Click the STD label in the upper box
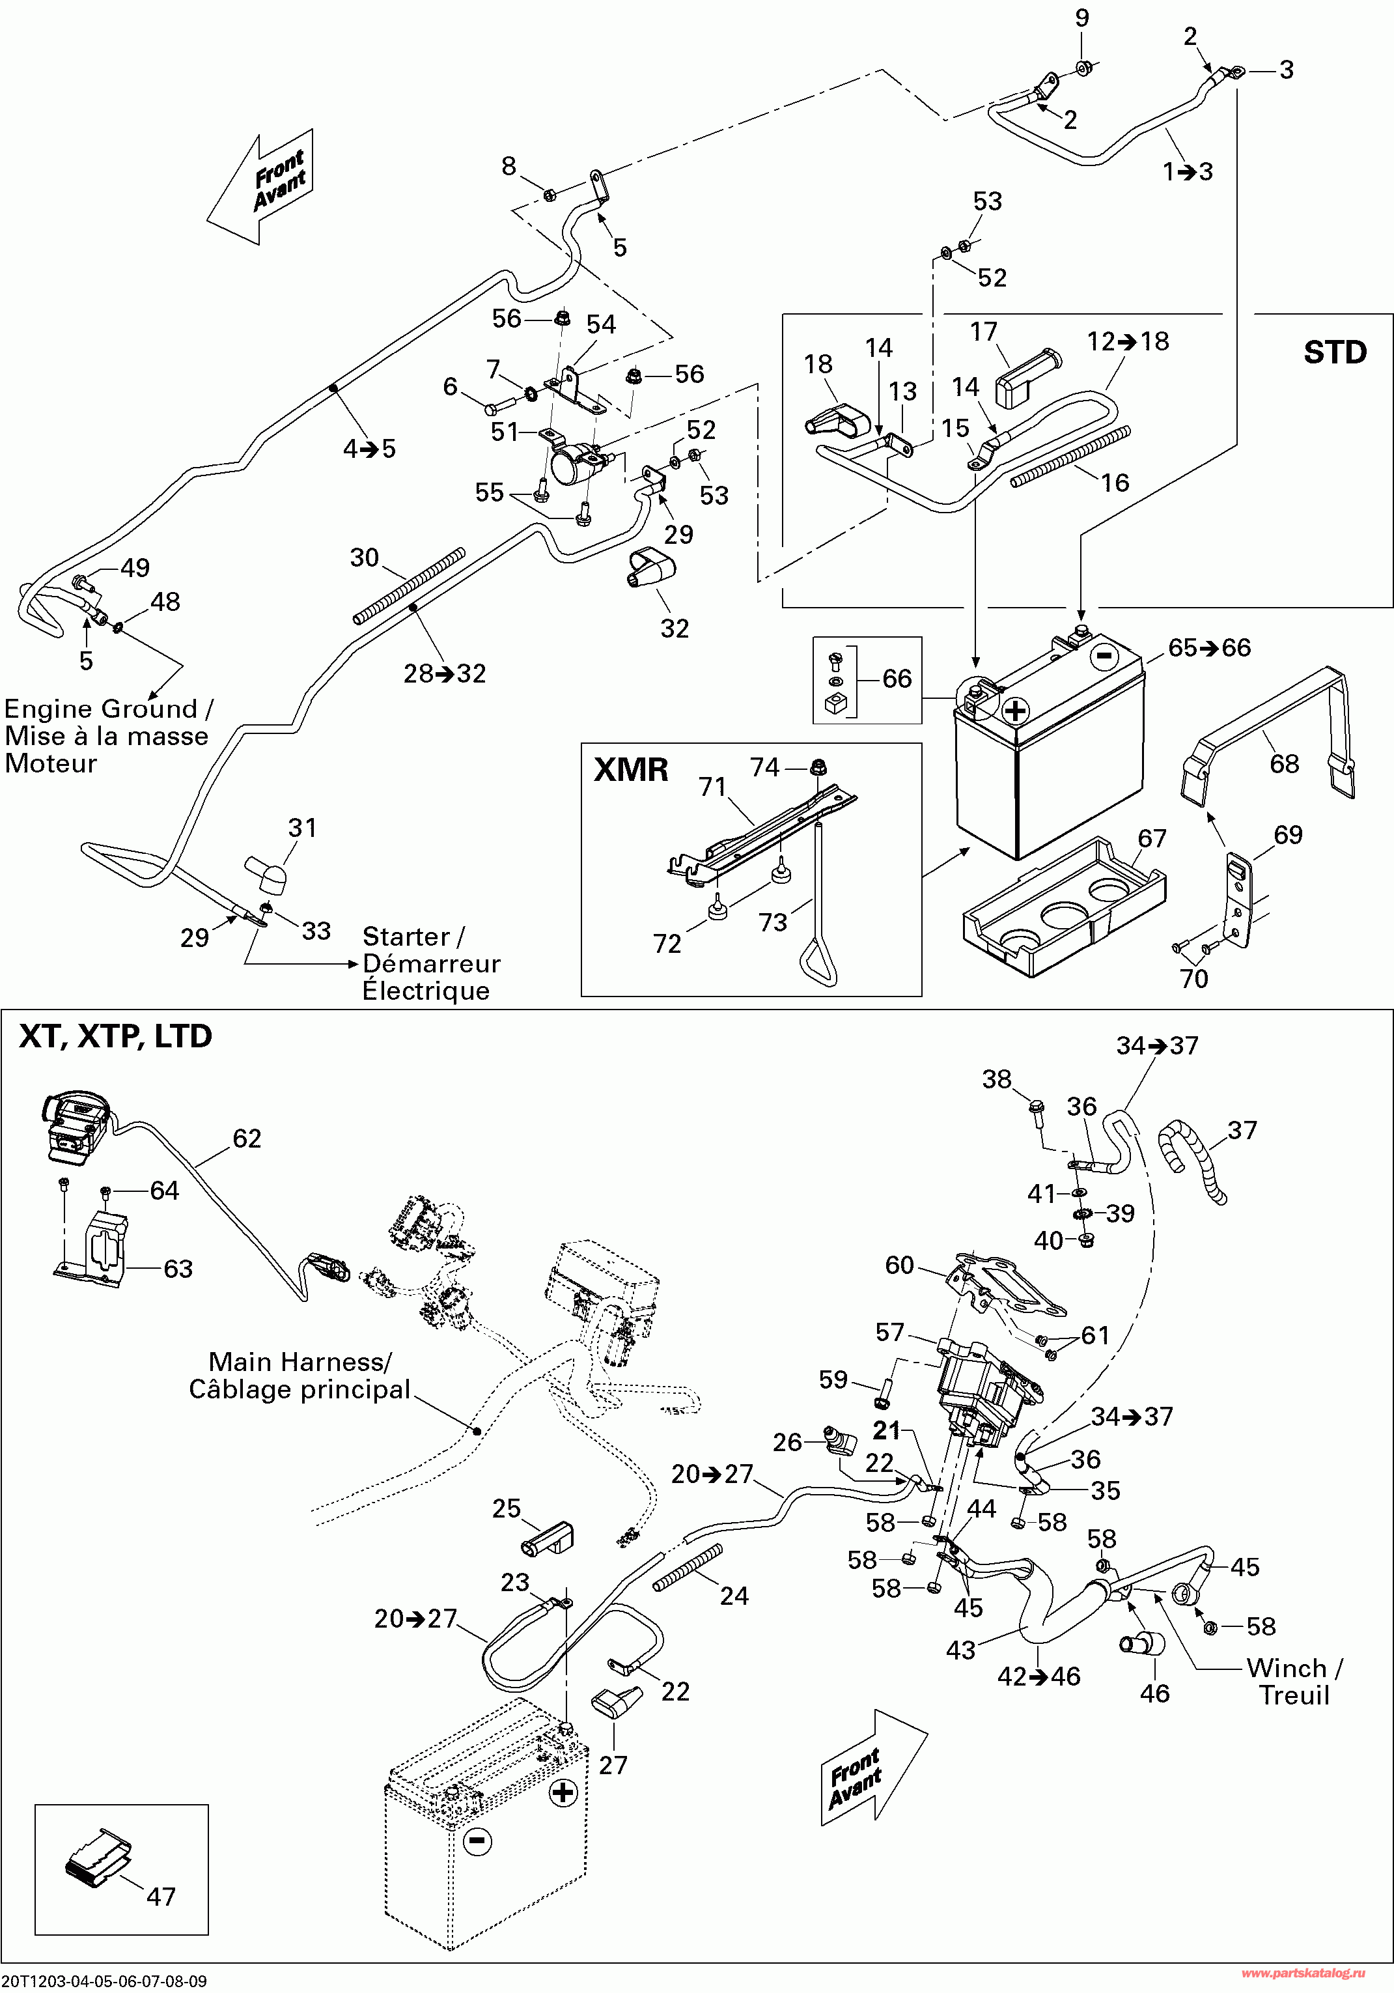1334,352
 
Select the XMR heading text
631,770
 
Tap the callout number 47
161,1897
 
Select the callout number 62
247,1138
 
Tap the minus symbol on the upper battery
1103,657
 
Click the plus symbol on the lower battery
563,1792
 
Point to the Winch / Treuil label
1293,1682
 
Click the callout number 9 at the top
1081,18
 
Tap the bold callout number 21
886,1430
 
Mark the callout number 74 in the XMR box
764,767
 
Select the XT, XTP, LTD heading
115,1036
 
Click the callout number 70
1193,978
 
